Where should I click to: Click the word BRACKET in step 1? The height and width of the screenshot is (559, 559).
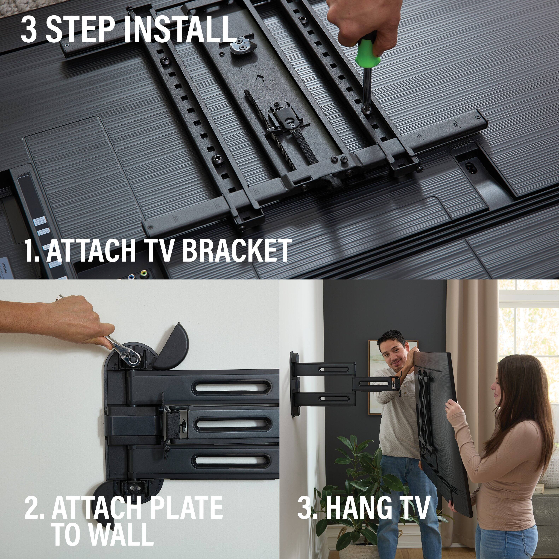[x=236, y=250]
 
